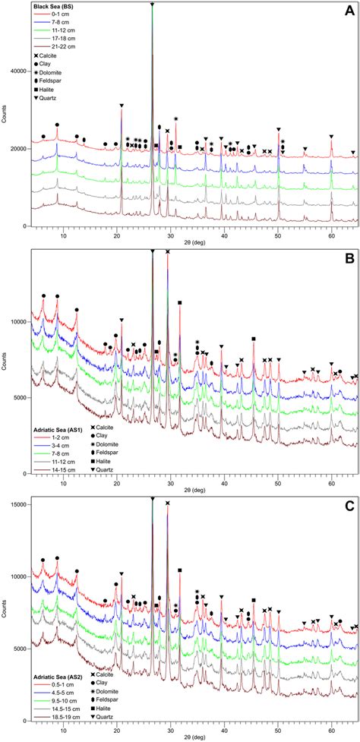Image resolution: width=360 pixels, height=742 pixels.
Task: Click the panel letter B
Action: pos(349,259)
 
